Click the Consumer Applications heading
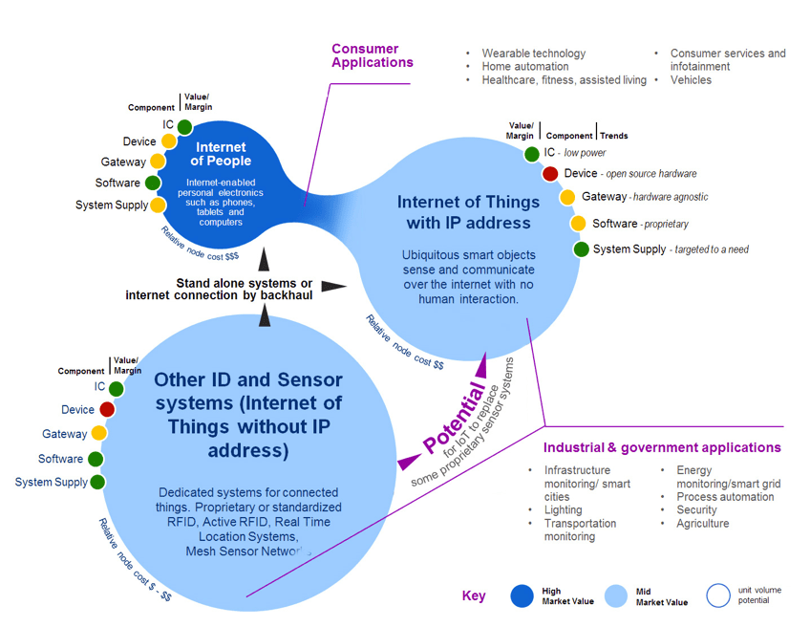[x=372, y=55]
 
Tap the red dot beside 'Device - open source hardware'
[x=550, y=174]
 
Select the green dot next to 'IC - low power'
[x=531, y=153]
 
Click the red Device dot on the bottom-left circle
[x=107, y=410]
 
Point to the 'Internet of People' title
[x=221, y=154]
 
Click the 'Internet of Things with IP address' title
[x=463, y=212]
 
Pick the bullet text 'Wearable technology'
[x=533, y=54]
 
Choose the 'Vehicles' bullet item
[x=691, y=80]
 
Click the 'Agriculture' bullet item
[x=702, y=524]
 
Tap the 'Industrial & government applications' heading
[x=662, y=447]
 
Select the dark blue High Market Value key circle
[x=522, y=595]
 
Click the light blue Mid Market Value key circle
[x=617, y=595]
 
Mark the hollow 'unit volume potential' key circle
[x=717, y=595]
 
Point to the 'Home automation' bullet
[x=524, y=67]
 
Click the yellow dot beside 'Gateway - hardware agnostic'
[x=567, y=197]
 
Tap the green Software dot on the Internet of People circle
[x=151, y=184]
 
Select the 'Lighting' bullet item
[x=565, y=510]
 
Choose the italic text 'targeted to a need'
[x=711, y=249]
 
